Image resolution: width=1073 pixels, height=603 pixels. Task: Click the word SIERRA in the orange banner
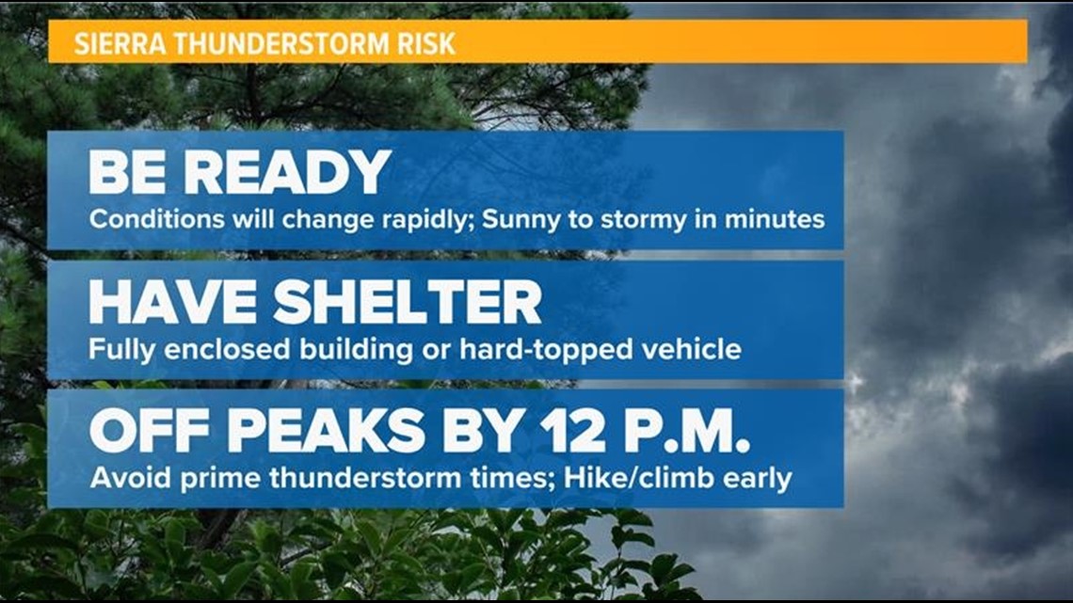pos(120,44)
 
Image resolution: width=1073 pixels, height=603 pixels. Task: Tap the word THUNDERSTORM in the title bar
pos(280,44)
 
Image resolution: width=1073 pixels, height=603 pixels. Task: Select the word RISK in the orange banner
pos(426,44)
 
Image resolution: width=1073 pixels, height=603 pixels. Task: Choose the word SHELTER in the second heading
pos(408,301)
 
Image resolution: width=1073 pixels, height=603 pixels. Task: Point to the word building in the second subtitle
pos(356,350)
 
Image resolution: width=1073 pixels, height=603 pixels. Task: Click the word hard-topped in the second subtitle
pos(546,350)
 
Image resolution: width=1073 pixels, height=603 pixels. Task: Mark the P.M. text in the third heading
pos(676,432)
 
